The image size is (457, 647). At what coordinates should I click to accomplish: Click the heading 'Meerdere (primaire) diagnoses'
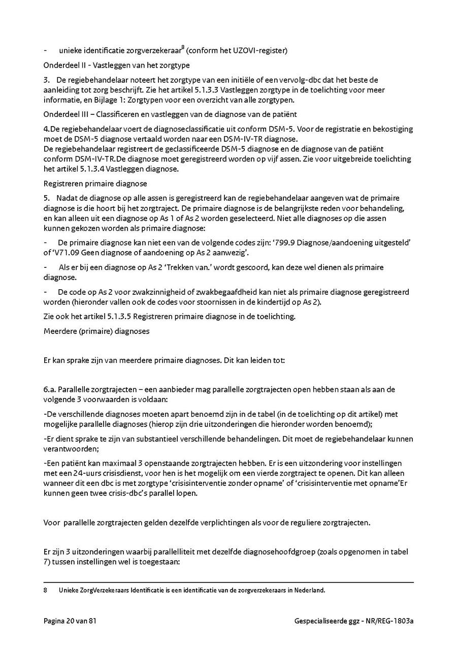click(96, 331)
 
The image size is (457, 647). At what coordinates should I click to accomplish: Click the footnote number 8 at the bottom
click(45, 590)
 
